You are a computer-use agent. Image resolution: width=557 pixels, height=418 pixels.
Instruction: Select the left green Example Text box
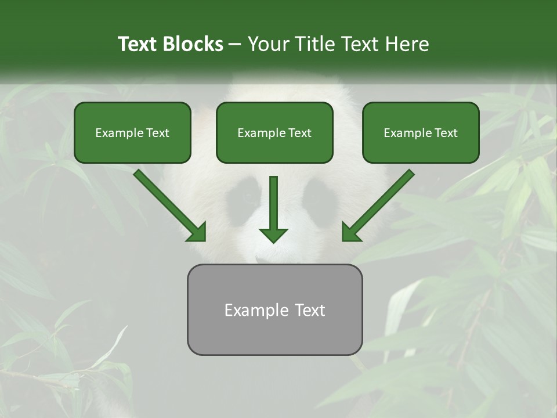(132, 133)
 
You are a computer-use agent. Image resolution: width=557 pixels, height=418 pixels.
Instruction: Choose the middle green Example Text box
(274, 133)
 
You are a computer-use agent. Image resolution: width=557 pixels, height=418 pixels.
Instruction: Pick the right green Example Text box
(421, 133)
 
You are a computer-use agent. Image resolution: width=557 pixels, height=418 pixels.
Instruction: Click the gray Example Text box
(274, 310)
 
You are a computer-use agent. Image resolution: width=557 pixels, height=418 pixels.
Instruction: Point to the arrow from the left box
(168, 204)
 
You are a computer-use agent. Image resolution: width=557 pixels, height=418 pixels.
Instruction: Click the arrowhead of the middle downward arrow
(274, 234)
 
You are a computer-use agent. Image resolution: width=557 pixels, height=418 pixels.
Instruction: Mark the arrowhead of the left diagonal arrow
(197, 232)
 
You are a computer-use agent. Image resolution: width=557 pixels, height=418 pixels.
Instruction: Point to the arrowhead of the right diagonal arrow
(352, 232)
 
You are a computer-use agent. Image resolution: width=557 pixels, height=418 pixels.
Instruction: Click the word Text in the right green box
(446, 133)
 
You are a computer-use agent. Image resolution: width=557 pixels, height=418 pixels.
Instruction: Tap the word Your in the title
(268, 44)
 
